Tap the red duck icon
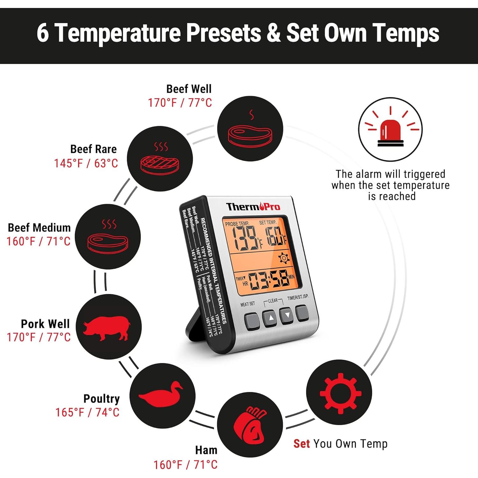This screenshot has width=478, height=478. click(x=160, y=394)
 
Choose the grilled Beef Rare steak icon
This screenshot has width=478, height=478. click(x=160, y=163)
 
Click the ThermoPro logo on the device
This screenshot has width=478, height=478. click(x=253, y=207)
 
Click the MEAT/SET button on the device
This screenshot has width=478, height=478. click(x=251, y=321)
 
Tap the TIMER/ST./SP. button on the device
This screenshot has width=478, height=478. click(x=301, y=314)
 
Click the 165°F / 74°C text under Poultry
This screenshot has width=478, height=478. click(x=87, y=412)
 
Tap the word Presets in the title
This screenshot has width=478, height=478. click(x=223, y=33)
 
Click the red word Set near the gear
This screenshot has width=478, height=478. click(x=301, y=444)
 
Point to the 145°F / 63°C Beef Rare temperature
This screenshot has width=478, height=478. click(x=86, y=163)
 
